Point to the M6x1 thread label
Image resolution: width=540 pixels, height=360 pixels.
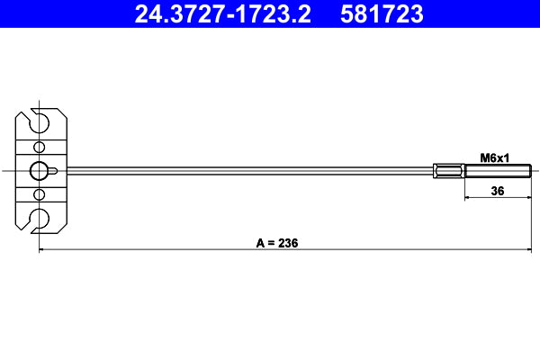(x=495, y=157)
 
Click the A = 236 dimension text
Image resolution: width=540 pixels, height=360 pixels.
(x=277, y=243)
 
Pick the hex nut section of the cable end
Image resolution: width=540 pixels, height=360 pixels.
(x=449, y=170)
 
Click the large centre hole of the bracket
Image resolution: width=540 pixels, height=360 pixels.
(x=40, y=170)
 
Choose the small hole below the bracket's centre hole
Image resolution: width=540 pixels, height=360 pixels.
(x=39, y=193)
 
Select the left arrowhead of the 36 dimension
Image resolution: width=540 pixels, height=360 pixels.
(x=468, y=198)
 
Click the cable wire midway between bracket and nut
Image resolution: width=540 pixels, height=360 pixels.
(x=247, y=170)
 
